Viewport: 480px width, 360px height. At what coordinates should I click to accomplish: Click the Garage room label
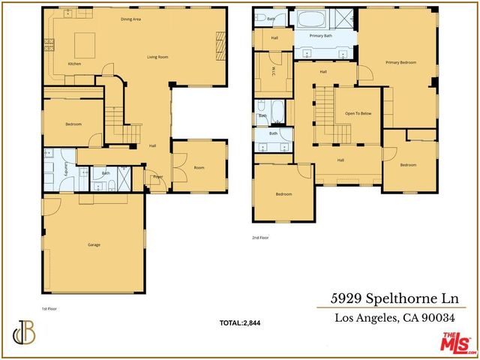point(94,244)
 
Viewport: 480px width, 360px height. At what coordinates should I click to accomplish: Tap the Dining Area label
point(132,19)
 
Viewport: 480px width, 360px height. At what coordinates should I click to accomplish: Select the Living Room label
point(157,57)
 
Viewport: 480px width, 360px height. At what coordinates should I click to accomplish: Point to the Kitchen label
point(74,64)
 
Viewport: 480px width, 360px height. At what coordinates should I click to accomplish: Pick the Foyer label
point(158,177)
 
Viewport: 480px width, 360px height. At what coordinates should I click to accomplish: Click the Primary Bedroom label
point(400,63)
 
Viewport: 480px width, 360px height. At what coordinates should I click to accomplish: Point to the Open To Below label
point(358,113)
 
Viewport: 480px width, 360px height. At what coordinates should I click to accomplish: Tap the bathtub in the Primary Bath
point(307,19)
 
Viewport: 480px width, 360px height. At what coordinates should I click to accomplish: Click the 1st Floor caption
point(49,308)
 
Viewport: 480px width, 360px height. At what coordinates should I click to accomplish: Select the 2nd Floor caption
point(260,237)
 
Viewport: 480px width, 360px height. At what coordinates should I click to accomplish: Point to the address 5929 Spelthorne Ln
point(398,298)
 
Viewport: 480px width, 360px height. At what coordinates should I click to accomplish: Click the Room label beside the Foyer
point(199,168)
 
